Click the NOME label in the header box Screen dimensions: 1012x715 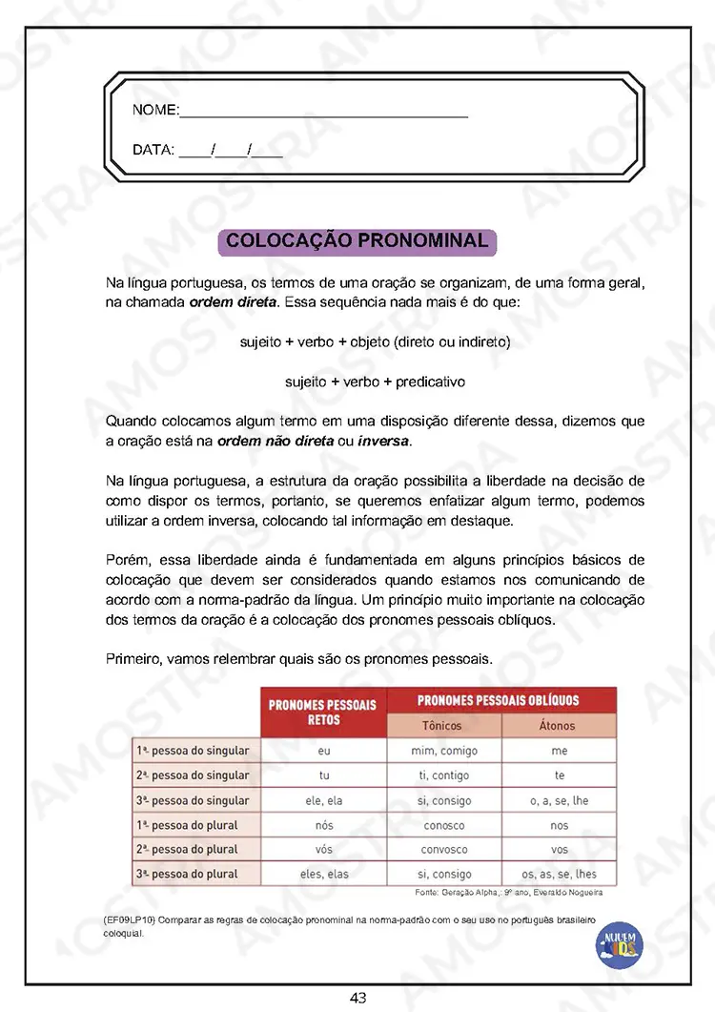click(155, 111)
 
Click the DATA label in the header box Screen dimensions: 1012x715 click(153, 150)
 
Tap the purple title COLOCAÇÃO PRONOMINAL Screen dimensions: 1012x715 click(357, 241)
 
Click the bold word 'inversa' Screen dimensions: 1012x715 click(382, 442)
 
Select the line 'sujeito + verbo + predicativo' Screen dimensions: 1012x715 click(375, 382)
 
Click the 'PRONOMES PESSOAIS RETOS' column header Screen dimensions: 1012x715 click(322, 713)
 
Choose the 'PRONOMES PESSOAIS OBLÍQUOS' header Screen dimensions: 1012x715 click(499, 700)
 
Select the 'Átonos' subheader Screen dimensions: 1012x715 click(558, 726)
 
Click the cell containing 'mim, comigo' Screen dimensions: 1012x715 click(443, 751)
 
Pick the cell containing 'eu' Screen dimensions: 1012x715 click(324, 751)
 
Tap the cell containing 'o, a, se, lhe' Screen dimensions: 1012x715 click(559, 800)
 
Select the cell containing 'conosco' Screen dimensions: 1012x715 click(443, 825)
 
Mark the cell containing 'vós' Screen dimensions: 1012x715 click(324, 849)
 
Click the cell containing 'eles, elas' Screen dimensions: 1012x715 click(324, 874)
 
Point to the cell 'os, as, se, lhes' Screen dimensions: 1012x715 click(559, 874)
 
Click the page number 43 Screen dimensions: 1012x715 click(358, 998)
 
